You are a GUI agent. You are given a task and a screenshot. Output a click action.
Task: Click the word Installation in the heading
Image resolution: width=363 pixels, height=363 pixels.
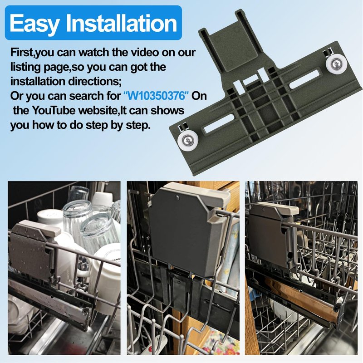pos(122,23)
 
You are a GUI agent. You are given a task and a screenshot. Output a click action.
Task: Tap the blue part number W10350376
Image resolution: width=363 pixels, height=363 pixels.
pos(156,96)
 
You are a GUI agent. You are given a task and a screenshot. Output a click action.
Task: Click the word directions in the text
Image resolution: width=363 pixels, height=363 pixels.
pos(95,82)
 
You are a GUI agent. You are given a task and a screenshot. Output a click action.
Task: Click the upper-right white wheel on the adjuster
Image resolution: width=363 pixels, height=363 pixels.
pos(336,63)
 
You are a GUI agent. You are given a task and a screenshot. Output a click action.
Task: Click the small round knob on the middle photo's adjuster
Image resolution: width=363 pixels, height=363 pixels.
pos(177,198)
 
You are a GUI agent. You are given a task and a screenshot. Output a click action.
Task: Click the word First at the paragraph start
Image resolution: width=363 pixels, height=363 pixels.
pos(22,53)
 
